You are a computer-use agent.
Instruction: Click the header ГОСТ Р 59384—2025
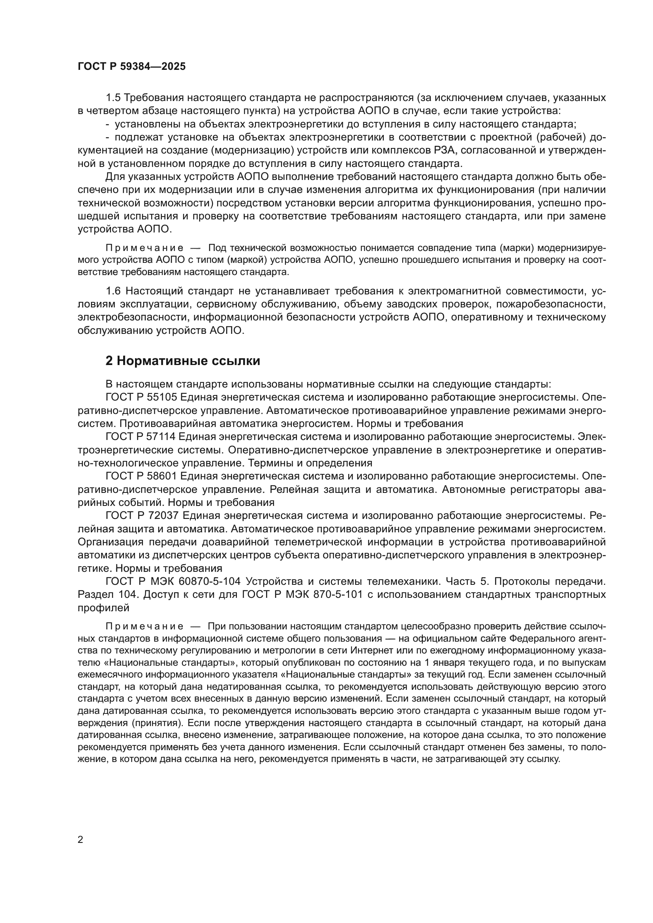[131, 67]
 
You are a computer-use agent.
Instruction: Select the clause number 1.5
[113, 98]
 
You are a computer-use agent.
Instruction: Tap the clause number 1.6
[113, 291]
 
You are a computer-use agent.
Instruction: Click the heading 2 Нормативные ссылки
[182, 361]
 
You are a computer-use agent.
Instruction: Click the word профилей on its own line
[103, 608]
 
